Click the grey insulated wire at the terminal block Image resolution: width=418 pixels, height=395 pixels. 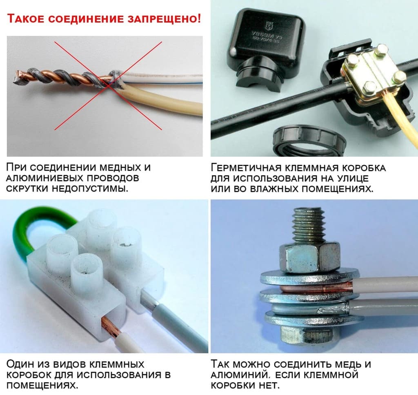[x=180, y=326]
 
